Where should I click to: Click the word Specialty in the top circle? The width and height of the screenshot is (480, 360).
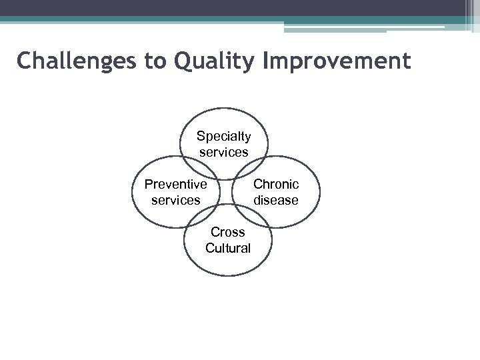[x=223, y=137]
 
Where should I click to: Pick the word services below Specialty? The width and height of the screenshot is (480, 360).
[x=223, y=152]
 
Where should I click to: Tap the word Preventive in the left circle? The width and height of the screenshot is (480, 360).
[x=175, y=184]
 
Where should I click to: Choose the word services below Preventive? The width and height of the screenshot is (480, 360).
[x=175, y=199]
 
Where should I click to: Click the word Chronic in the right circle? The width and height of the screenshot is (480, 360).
[x=276, y=184]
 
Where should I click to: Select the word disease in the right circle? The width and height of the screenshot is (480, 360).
[x=276, y=199]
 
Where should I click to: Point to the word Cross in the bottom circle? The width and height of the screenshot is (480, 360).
[x=227, y=233]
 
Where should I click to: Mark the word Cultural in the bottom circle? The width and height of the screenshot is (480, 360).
[x=227, y=248]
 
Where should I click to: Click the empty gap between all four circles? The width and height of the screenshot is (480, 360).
[x=225, y=192]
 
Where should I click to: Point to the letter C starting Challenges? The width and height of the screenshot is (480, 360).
[x=24, y=61]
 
